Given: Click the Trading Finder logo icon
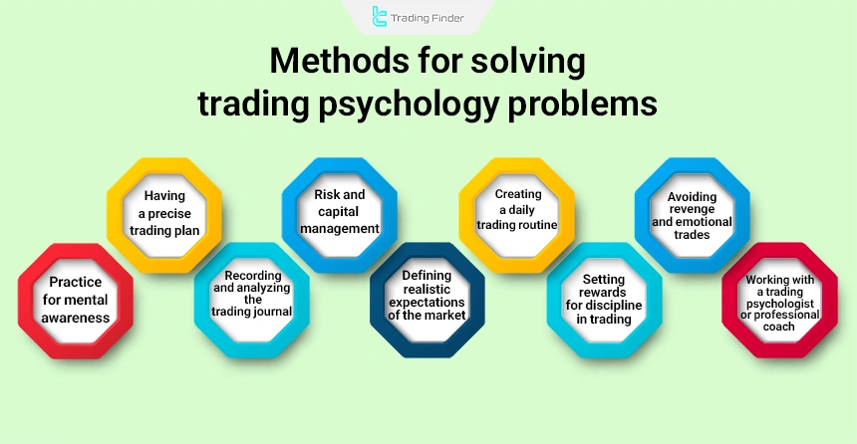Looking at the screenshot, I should click(x=379, y=16).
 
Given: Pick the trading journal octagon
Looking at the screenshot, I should click(x=250, y=300).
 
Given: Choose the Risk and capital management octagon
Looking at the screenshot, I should click(x=339, y=214).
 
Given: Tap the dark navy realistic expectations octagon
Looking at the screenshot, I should click(x=428, y=300).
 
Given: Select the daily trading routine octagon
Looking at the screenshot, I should click(x=515, y=214).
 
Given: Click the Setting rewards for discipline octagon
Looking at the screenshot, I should click(x=604, y=300).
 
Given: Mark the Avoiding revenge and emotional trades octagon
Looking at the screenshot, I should click(x=692, y=214).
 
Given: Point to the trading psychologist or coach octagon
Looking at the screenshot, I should click(x=780, y=300).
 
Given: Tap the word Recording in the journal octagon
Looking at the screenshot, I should click(x=251, y=274).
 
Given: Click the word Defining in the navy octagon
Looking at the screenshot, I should click(x=428, y=274).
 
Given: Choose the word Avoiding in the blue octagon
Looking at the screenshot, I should click(x=693, y=195).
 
